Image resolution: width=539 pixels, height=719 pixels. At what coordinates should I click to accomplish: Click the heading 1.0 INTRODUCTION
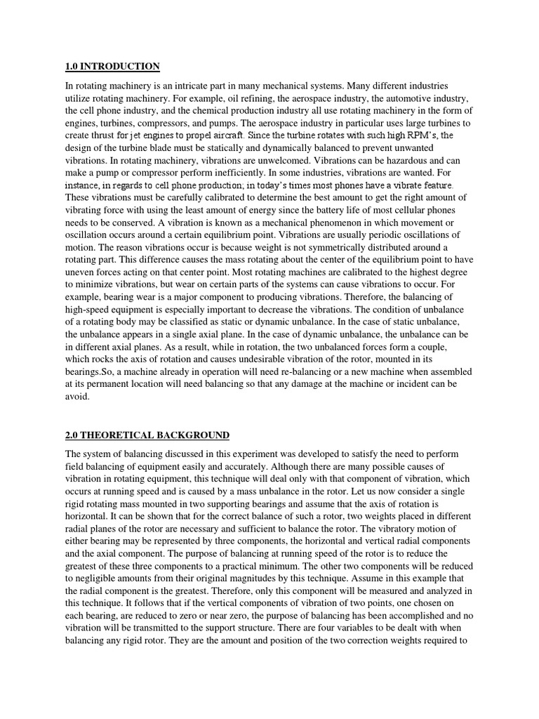pos(112,67)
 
